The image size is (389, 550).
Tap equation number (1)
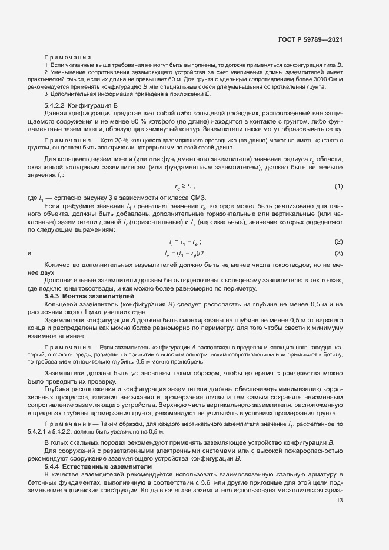point(339,186)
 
